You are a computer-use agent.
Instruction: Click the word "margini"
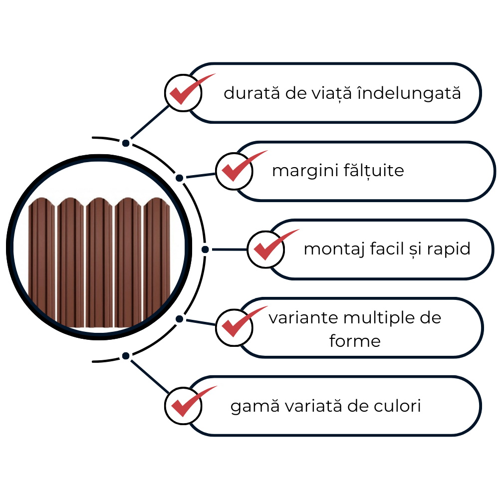[x=305, y=171]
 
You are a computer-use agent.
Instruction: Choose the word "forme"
[x=355, y=341]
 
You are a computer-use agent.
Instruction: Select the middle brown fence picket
[x=99, y=262]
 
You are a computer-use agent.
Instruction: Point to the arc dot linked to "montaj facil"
[x=205, y=249]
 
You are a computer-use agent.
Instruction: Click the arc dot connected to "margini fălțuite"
[x=180, y=178]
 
